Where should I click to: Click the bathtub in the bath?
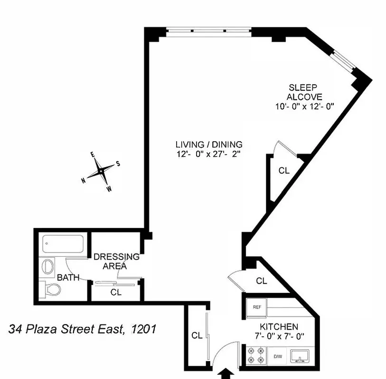65,244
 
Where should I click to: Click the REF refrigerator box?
257,307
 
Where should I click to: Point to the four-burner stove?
255,355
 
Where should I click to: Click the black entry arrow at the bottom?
226,374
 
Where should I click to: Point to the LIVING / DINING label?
209,144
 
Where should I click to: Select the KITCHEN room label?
279,327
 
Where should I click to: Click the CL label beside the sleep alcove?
284,171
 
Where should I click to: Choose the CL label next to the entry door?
197,335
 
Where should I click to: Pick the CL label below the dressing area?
116,292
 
